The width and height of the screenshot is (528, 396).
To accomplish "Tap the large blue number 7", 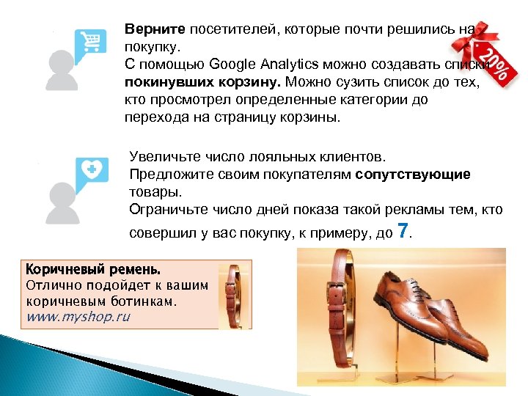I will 402,230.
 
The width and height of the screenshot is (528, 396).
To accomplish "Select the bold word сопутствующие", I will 413,175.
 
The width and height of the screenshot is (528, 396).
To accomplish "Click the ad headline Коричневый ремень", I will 92,268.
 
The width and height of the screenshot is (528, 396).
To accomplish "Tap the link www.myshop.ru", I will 78,317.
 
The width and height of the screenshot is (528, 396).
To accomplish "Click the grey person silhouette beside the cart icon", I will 62,70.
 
